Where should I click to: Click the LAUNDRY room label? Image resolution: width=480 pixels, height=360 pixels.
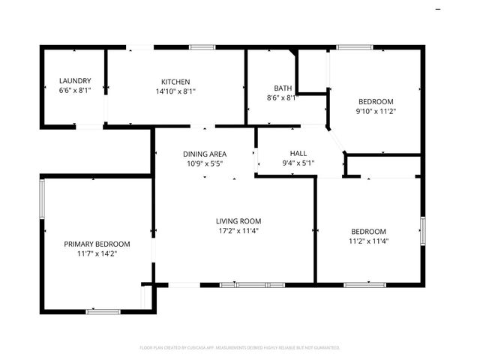(75, 81)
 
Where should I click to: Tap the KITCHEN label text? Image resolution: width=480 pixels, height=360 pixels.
(175, 82)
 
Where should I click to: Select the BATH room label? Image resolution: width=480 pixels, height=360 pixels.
(283, 87)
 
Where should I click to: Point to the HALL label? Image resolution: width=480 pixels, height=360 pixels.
(288, 152)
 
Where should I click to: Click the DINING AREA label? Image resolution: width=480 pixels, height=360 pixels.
(205, 153)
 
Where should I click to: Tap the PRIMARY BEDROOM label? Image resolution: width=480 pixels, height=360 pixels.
(97, 244)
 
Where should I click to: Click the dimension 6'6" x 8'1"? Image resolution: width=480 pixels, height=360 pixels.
(75, 91)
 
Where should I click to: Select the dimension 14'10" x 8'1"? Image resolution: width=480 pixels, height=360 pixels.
(175, 91)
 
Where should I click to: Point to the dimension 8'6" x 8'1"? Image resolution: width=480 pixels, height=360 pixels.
(283, 97)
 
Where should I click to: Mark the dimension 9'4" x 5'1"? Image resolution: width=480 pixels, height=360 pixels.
(288, 162)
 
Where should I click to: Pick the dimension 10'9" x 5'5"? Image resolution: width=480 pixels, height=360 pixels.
(205, 163)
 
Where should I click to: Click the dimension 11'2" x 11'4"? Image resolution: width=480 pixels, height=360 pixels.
(367, 241)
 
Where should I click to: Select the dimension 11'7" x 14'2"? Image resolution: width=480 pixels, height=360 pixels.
(97, 253)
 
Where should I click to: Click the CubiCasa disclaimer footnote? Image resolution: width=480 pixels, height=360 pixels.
(240, 347)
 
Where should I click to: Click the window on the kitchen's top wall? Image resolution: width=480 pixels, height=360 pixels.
(202, 47)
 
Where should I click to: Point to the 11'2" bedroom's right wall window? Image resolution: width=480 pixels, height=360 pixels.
(423, 229)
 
